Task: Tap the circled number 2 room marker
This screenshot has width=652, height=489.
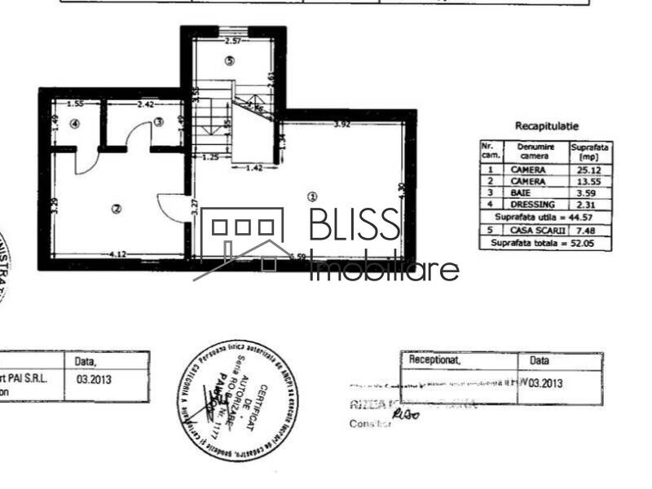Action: (x=117, y=209)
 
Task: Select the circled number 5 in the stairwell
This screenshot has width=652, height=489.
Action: (x=230, y=60)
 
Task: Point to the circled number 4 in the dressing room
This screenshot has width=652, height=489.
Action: (x=74, y=124)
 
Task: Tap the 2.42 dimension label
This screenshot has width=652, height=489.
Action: (x=146, y=104)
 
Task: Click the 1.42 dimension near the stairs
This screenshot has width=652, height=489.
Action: (x=253, y=167)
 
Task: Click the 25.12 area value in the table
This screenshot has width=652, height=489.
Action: (x=590, y=170)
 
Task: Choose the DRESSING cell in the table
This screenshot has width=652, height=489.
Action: (x=533, y=204)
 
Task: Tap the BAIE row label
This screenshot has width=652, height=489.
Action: (x=533, y=192)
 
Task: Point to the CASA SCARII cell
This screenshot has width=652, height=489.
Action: (x=533, y=231)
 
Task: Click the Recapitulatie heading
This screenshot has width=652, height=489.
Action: (x=546, y=126)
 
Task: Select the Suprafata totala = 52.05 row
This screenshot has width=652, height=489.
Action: (x=545, y=243)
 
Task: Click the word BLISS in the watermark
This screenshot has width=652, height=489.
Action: (x=355, y=226)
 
